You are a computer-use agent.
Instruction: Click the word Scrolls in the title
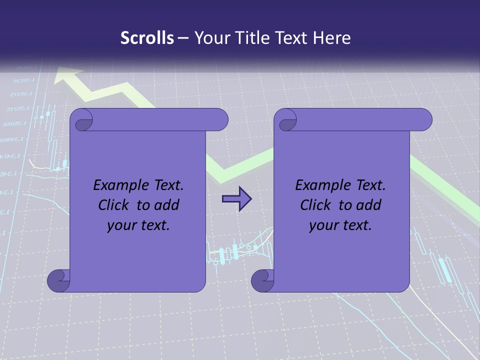[147, 38]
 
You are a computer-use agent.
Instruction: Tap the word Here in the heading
[331, 38]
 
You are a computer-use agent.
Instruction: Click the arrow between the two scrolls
[236, 199]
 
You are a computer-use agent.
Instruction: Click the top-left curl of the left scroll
[81, 120]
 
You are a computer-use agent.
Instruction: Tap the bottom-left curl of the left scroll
[58, 280]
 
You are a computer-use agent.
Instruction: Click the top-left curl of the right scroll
[286, 120]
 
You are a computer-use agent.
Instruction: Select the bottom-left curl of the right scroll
[262, 280]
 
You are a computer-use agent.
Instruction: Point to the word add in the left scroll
[166, 205]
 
